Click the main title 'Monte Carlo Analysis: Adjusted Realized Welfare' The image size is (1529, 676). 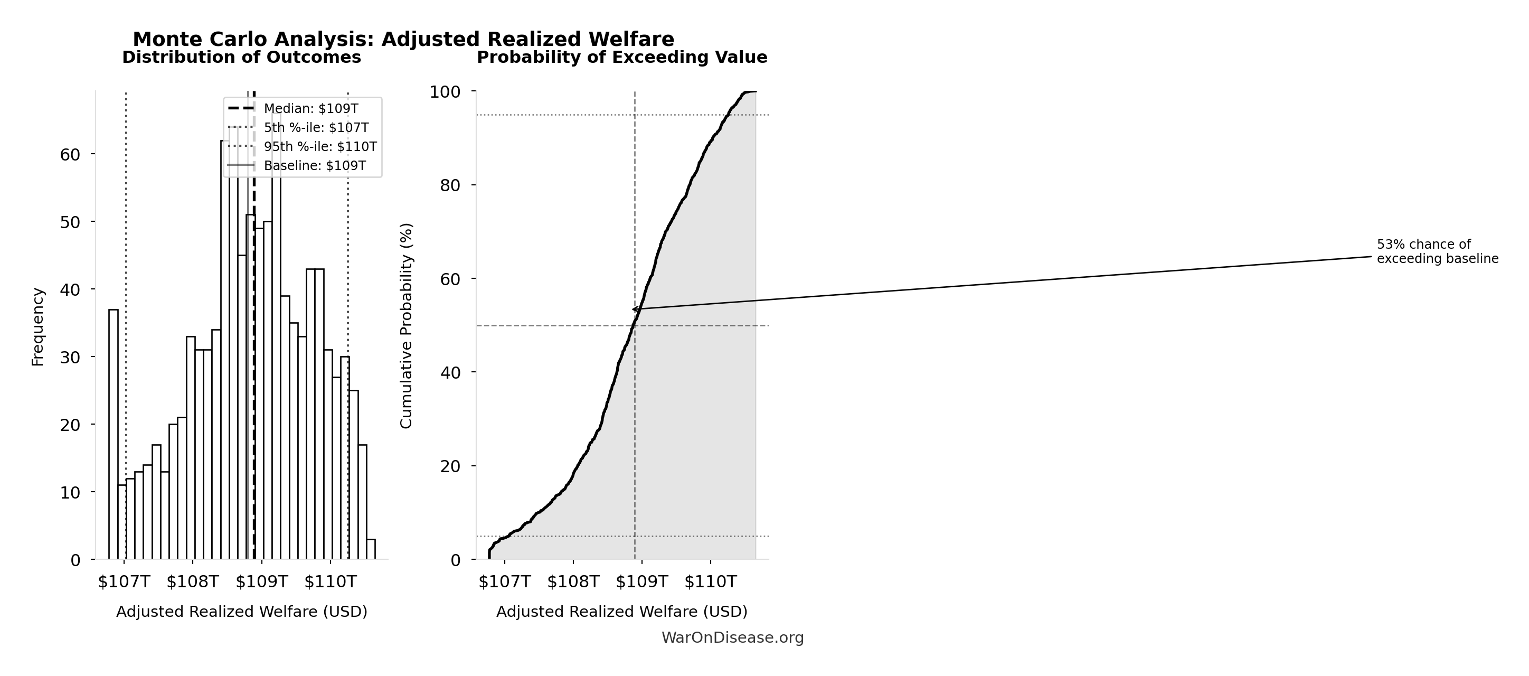pos(403,39)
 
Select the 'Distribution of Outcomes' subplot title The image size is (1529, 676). pos(242,58)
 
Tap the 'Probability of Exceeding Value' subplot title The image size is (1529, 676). pos(622,58)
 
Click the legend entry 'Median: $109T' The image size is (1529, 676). pos(310,109)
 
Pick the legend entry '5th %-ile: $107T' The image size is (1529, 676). pos(316,128)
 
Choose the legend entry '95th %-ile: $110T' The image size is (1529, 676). pos(320,147)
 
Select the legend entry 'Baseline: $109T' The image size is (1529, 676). pos(315,166)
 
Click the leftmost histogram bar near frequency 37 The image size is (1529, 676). pos(114,433)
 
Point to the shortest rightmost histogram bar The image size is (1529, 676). pos(371,549)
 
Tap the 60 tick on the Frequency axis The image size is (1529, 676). pos(70,155)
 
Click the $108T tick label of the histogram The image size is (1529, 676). pos(193,581)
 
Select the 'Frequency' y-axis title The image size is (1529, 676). pos(37,327)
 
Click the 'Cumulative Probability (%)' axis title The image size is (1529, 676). pos(406,326)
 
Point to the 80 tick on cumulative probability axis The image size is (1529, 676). pos(450,186)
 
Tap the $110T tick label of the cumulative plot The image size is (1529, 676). pos(711,581)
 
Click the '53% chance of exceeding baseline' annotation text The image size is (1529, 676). pos(1438,251)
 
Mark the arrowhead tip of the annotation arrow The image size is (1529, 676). pos(633,309)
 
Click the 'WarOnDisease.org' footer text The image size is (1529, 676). pos(732,637)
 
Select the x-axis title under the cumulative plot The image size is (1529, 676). pos(622,612)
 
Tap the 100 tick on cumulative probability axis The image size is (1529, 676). pos(445,92)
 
